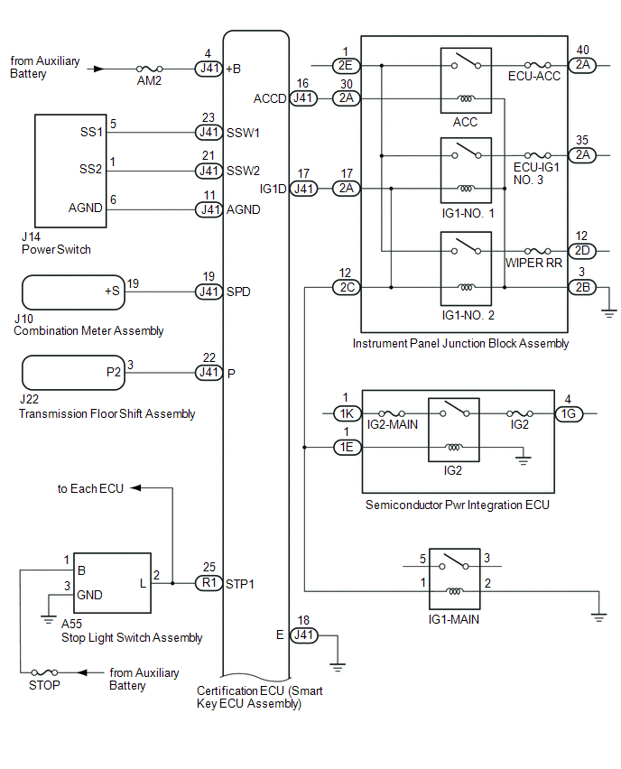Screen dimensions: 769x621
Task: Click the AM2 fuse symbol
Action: tap(149, 68)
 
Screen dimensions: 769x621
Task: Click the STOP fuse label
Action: tap(44, 685)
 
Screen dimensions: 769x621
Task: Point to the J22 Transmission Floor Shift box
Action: tap(71, 372)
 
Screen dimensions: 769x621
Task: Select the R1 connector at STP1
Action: tap(209, 583)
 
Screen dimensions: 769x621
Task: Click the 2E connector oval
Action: tap(345, 66)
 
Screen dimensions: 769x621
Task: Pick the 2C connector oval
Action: tap(345, 288)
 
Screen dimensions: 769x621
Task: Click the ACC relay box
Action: tap(466, 80)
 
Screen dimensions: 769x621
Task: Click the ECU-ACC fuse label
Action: tap(534, 77)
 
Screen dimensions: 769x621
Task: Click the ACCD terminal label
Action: tap(271, 98)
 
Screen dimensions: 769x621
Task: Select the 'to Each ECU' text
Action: tap(90, 488)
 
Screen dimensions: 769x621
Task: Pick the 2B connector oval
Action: tap(580, 288)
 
